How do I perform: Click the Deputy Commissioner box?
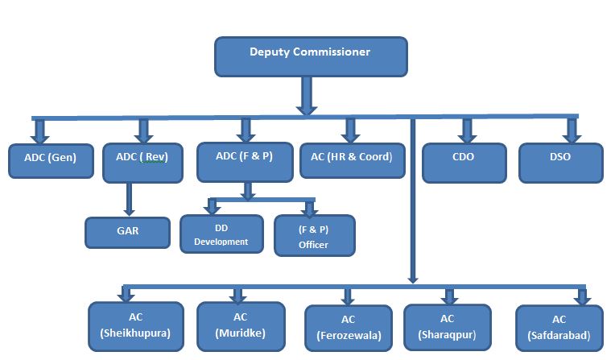tap(311, 56)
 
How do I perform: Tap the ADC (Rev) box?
tap(144, 161)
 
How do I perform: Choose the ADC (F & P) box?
tap(246, 160)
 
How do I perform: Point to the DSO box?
tap(560, 161)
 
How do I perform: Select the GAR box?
tap(128, 232)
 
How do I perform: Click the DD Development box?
tap(221, 234)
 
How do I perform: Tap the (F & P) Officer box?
tap(313, 235)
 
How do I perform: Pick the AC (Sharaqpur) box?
tap(448, 327)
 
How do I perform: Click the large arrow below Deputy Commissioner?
tap(306, 96)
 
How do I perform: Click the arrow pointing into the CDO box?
tap(466, 130)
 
